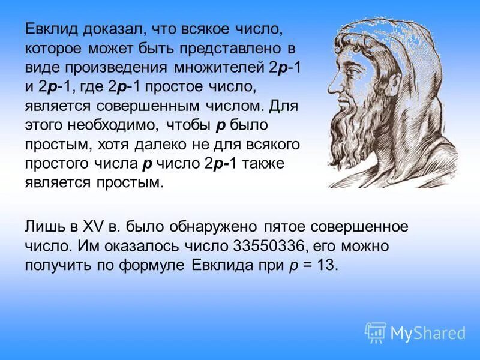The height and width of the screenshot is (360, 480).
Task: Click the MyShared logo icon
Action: point(376,332)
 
